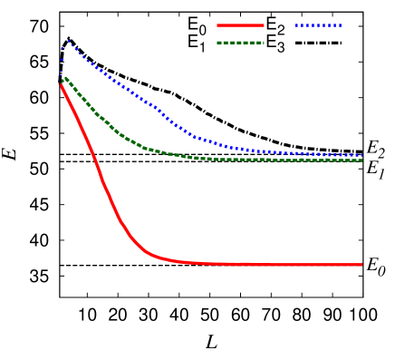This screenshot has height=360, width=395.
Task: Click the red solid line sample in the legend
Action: pos(240,25)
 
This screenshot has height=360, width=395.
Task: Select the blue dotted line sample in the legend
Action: pos(318,25)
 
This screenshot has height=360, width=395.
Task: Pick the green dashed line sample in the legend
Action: pos(240,43)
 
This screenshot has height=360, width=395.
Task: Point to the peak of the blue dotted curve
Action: pos(67,40)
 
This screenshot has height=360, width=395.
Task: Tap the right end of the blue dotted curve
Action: pos(361,155)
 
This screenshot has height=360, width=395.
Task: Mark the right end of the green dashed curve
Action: pos(361,161)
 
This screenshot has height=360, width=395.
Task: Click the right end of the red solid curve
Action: pos(361,265)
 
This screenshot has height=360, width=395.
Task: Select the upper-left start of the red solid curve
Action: pos(60,84)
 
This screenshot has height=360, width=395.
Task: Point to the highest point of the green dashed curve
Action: pos(63,77)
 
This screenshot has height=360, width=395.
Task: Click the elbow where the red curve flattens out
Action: pos(149,253)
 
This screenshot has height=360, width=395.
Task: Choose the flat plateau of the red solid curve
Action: pos(272,264)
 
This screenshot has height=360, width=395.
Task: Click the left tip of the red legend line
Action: pos(217,25)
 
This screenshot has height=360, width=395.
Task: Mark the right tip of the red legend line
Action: pos(264,25)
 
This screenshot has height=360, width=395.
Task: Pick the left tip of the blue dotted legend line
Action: pos(296,25)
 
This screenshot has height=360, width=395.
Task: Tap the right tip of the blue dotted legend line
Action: pos(342,25)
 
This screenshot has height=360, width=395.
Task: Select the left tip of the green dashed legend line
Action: pos(217,43)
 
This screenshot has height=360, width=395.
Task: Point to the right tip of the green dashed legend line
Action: pos(264,43)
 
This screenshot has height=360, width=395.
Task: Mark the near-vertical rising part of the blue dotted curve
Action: pos(62,60)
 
